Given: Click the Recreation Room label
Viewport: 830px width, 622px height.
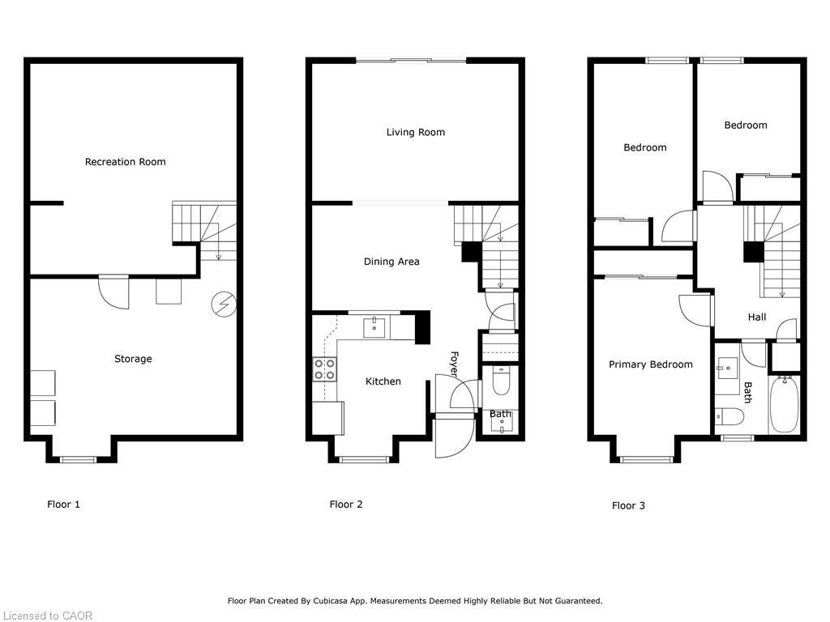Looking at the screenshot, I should pyautogui.click(x=125, y=162).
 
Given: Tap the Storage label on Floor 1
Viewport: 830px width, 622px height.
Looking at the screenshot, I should pyautogui.click(x=133, y=359).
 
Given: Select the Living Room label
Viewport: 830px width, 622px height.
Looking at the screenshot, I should pyautogui.click(x=415, y=132).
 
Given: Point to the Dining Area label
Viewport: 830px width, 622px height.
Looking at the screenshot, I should pyautogui.click(x=391, y=262).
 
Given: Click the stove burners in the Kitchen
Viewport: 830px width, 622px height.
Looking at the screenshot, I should pyautogui.click(x=325, y=370).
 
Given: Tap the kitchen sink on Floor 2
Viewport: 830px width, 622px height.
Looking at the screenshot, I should pyautogui.click(x=374, y=326).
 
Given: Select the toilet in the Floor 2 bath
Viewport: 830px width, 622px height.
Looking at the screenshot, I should pyautogui.click(x=501, y=381).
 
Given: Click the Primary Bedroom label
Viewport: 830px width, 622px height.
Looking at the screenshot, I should pyautogui.click(x=651, y=364).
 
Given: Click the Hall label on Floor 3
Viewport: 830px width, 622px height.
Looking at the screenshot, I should pyautogui.click(x=757, y=317).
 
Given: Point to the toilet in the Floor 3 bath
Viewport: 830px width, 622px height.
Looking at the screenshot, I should pyautogui.click(x=729, y=417).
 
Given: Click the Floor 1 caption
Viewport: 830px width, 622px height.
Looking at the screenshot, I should pyautogui.click(x=63, y=505).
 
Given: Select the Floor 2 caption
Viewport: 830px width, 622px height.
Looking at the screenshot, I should pyautogui.click(x=346, y=505).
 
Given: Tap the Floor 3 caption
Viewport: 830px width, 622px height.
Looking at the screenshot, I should pyautogui.click(x=628, y=505).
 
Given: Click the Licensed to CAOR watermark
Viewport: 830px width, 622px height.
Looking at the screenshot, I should pyautogui.click(x=47, y=616).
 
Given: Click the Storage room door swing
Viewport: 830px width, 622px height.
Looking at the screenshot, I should pyautogui.click(x=114, y=292).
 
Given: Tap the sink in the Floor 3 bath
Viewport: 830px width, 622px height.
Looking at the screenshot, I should pyautogui.click(x=727, y=364).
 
